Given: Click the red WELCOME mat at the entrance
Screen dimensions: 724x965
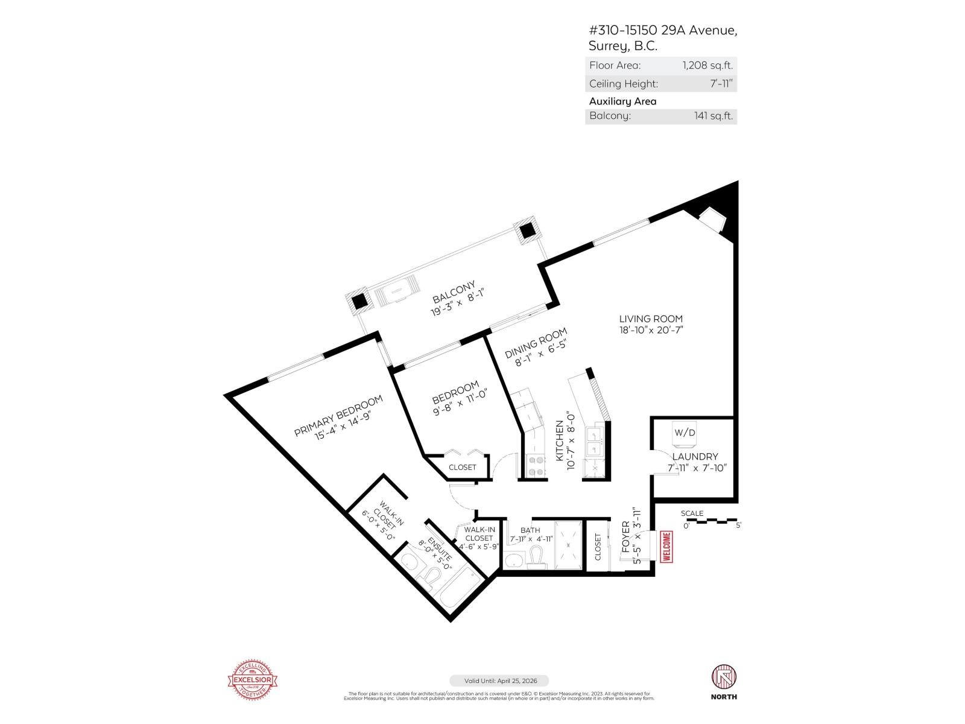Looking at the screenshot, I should pyautogui.click(x=666, y=547).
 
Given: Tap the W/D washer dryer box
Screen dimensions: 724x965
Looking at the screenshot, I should pyautogui.click(x=685, y=433).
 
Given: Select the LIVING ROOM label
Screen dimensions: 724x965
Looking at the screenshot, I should pyautogui.click(x=651, y=319).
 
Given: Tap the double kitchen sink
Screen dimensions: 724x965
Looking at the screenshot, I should pyautogui.click(x=595, y=441).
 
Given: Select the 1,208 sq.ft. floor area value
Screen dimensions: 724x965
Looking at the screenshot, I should pyautogui.click(x=707, y=65).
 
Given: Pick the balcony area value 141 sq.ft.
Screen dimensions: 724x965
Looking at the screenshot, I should pyautogui.click(x=713, y=116).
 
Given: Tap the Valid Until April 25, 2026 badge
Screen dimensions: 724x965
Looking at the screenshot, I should pyautogui.click(x=498, y=681).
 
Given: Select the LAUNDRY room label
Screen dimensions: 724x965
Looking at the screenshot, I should pyautogui.click(x=695, y=457).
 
